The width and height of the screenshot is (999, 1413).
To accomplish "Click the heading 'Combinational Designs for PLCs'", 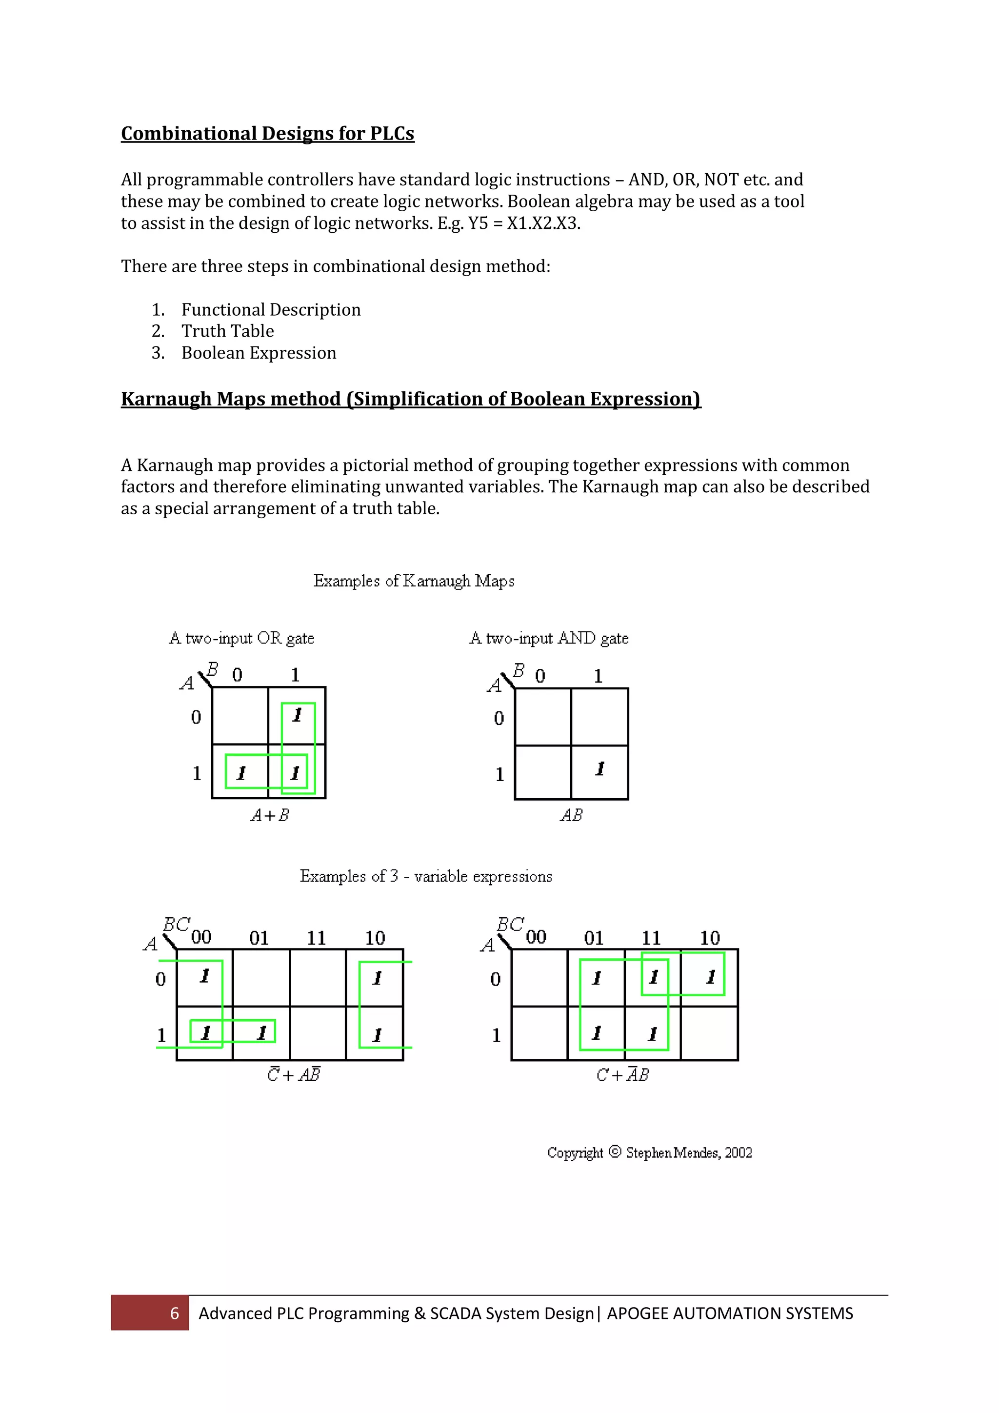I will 268,134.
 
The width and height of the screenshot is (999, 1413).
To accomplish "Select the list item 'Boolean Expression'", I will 259,353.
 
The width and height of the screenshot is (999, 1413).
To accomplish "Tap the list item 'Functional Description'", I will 271,309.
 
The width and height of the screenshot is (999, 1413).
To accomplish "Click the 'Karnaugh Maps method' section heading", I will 410,399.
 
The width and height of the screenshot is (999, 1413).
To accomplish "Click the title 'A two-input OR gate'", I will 242,638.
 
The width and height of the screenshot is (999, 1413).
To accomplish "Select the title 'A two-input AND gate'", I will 549,638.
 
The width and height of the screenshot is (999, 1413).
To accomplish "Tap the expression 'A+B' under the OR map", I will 269,815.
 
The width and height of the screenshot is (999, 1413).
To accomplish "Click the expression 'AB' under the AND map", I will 571,815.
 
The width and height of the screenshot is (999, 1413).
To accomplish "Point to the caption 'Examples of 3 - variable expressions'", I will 426,876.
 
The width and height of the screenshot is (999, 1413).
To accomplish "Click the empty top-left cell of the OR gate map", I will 240,716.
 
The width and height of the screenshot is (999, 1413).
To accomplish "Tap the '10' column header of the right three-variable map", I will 709,938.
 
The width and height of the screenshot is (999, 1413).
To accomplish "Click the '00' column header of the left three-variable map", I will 201,937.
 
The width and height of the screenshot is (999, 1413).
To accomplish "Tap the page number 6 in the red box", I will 174,1313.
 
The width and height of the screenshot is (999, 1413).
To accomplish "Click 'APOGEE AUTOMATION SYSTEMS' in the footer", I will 730,1313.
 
